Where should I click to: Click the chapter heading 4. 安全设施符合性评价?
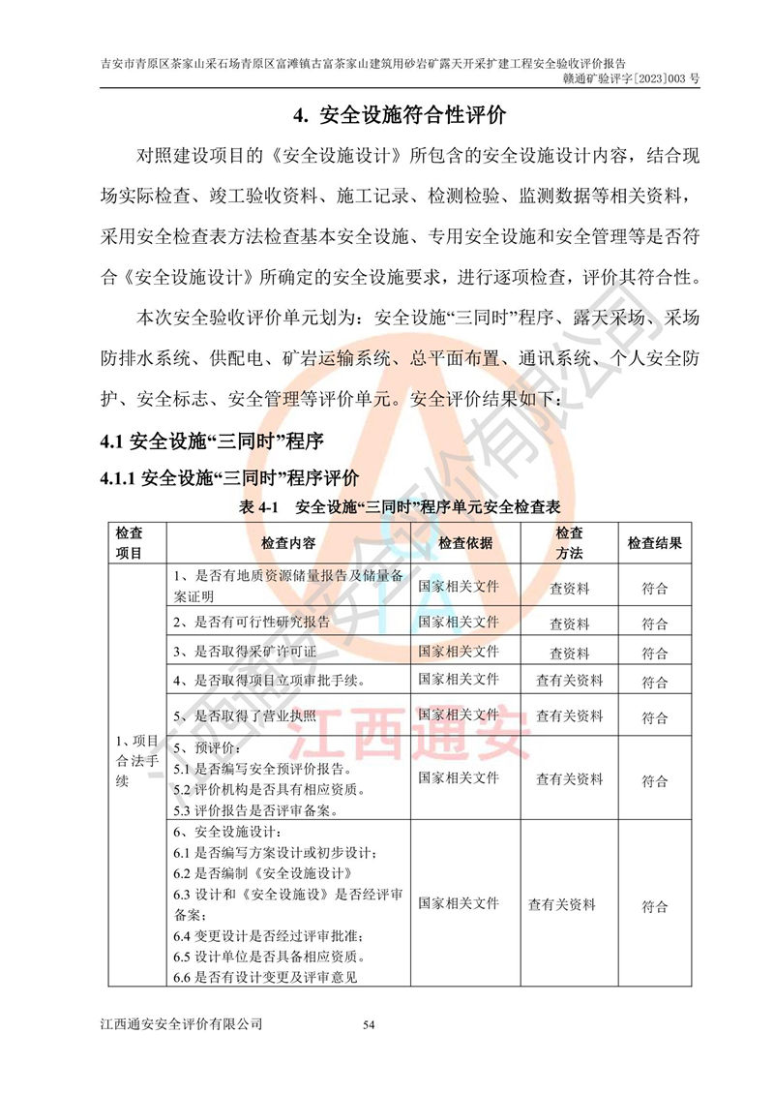[x=400, y=116]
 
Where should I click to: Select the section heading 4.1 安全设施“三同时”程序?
[x=213, y=441]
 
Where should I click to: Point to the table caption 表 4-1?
[x=399, y=507]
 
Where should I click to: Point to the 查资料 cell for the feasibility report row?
[x=569, y=624]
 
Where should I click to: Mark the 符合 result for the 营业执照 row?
[x=654, y=717]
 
